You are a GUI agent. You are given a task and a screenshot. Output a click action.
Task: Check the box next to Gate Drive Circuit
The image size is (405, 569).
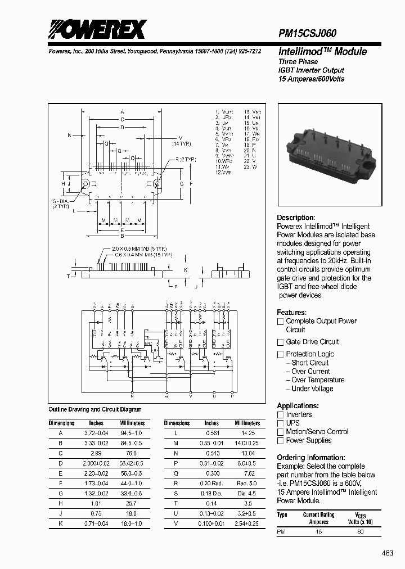click(280, 342)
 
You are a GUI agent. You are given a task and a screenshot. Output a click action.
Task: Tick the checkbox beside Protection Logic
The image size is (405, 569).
click(280, 354)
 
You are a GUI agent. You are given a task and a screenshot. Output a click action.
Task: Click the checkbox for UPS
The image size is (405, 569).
click(280, 423)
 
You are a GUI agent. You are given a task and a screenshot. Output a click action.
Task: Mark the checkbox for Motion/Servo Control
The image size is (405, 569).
click(280, 432)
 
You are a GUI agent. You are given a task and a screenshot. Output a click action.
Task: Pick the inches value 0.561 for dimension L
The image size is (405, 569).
click(211, 433)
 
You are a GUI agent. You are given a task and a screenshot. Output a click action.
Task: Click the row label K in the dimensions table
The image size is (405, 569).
click(60, 523)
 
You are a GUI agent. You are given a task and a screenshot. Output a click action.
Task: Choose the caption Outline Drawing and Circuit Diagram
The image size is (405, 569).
click(95, 410)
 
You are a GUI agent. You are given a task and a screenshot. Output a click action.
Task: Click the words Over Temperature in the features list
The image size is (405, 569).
click(318, 380)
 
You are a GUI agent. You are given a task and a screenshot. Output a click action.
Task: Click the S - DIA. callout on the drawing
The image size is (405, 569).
click(60, 201)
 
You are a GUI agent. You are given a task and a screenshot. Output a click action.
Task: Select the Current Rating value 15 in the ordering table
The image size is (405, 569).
click(319, 531)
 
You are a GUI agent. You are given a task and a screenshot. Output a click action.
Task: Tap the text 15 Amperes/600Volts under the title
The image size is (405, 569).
click(311, 79)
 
